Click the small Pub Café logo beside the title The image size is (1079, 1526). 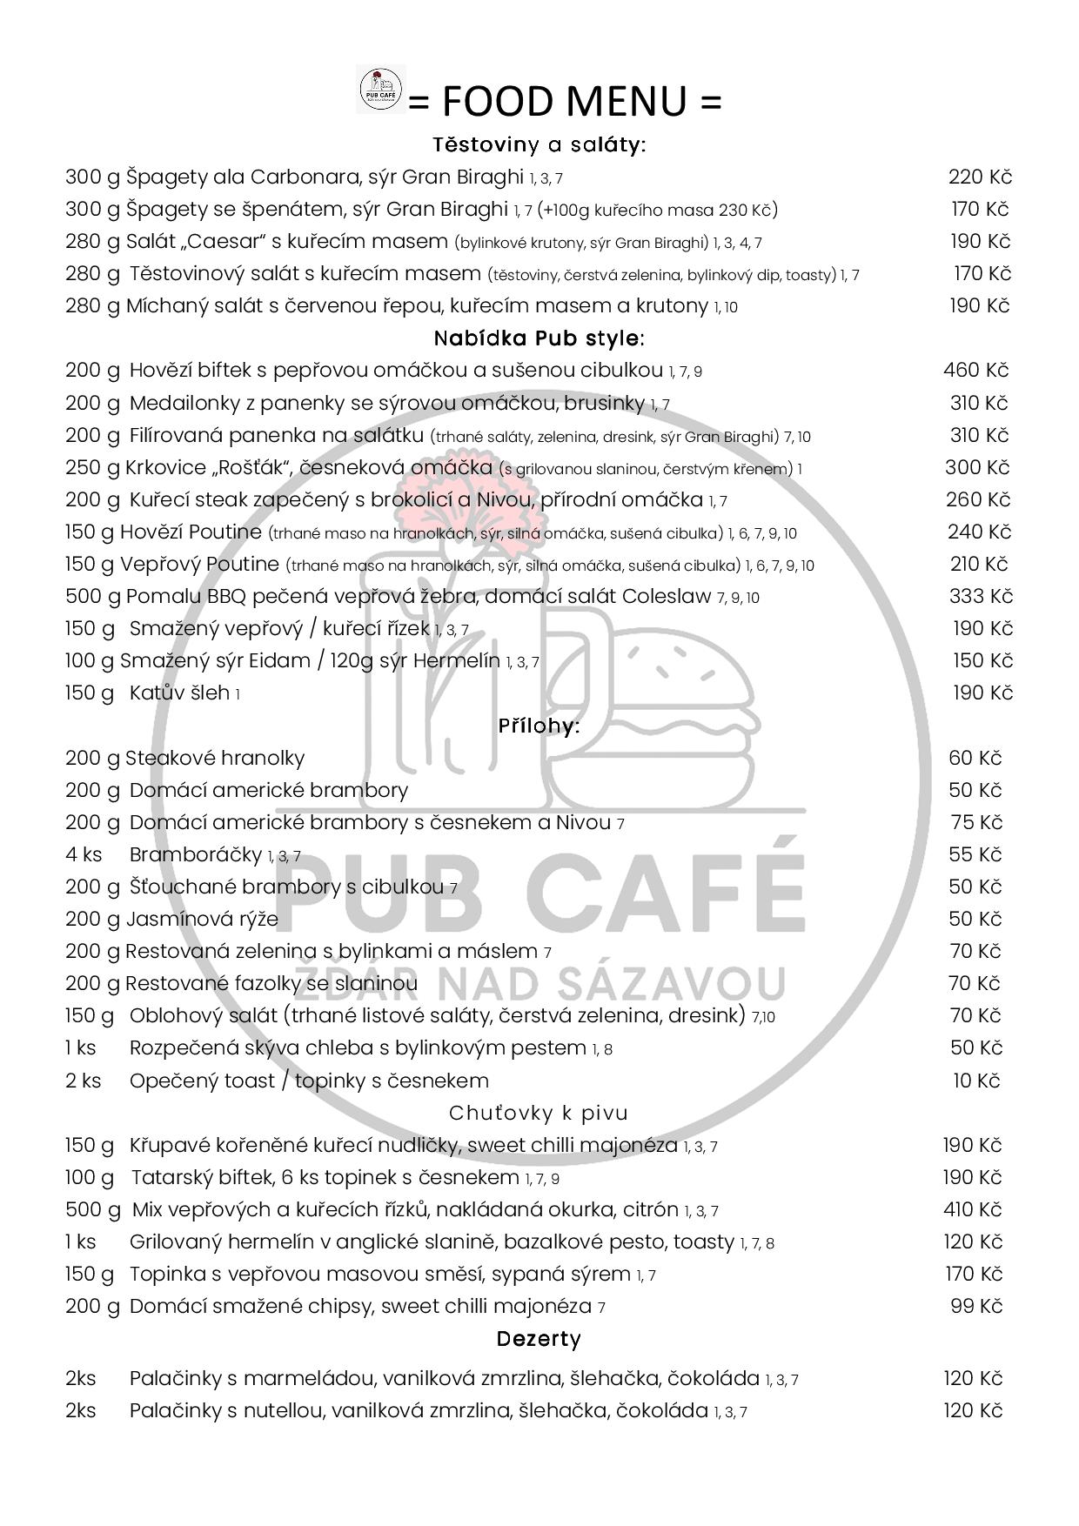382,90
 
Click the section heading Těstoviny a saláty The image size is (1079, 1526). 539,144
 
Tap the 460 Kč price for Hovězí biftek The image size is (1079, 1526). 975,371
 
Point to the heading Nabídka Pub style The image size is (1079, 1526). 539,338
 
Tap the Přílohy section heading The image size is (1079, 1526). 539,725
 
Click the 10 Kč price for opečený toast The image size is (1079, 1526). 976,1081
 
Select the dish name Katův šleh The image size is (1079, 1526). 179,693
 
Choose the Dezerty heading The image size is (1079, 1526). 539,1339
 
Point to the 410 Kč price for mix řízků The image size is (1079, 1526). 973,1209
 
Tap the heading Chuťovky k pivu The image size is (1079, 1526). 539,1113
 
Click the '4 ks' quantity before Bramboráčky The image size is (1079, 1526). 84,854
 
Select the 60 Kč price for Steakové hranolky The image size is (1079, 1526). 975,758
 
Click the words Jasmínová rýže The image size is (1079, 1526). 203,920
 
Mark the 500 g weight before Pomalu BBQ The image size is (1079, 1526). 93,597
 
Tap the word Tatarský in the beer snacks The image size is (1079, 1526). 170,1178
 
